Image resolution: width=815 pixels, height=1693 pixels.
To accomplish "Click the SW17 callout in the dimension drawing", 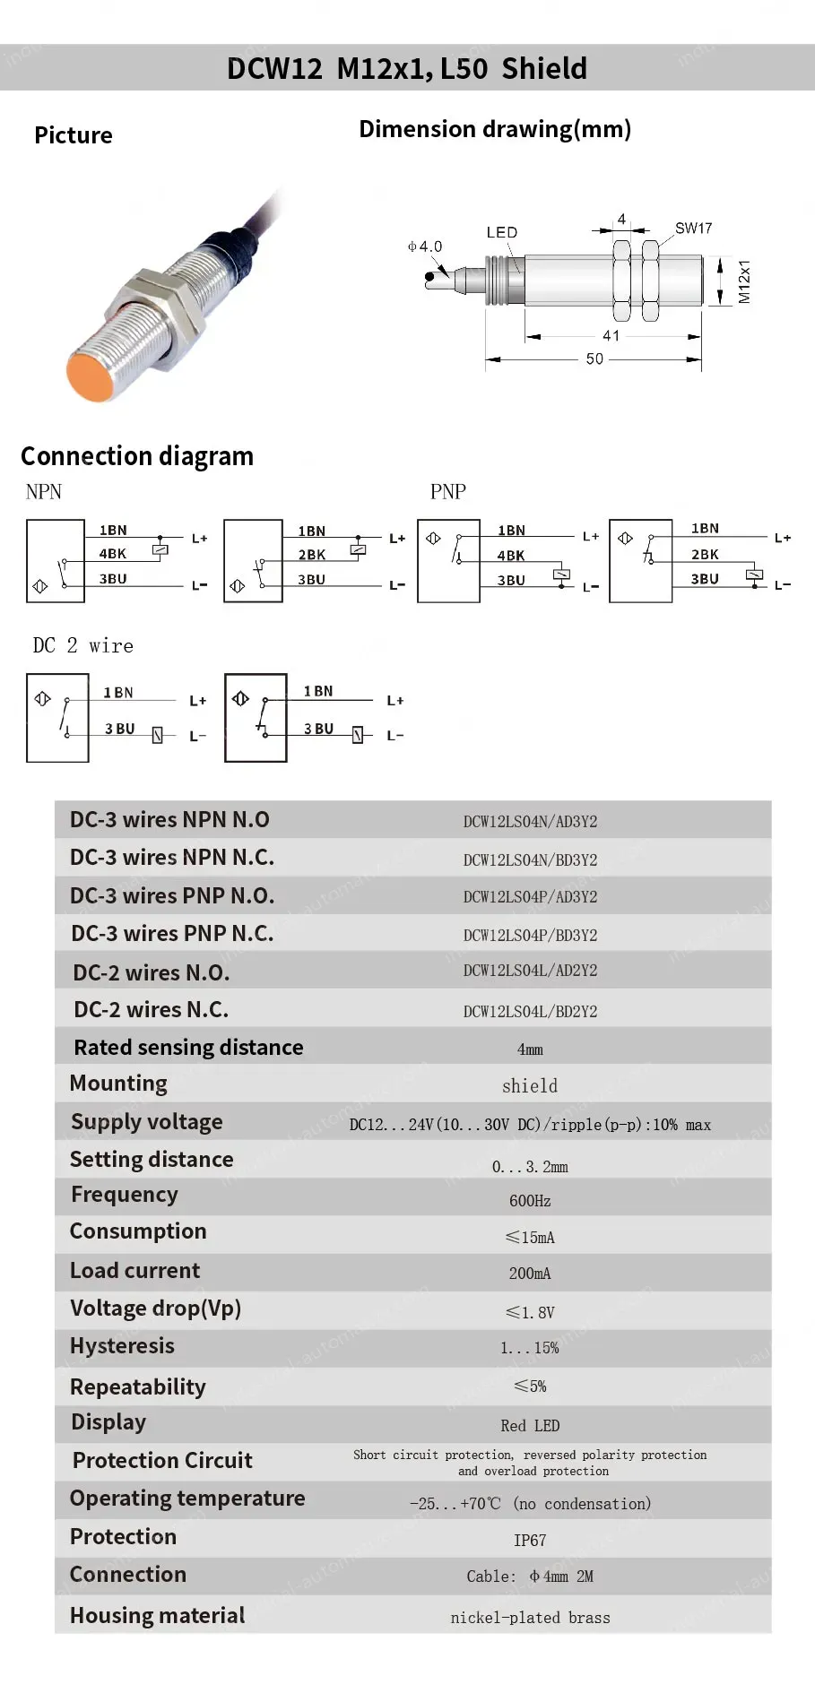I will point(693,229).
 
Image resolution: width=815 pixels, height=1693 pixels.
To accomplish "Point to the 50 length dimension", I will point(594,358).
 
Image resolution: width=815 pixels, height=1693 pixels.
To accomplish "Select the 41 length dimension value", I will point(611,335).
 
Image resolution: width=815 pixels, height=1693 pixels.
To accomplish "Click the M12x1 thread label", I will point(744,281).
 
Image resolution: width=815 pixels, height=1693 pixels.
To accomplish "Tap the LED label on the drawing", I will point(501,232).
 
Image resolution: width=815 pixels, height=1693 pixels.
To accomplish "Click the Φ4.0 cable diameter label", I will point(425,246).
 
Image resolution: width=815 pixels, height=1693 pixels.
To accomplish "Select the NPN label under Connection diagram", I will point(44,491).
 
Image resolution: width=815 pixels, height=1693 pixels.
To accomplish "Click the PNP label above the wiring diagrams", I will point(447,491).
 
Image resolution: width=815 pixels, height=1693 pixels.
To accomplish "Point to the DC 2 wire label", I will point(82,645).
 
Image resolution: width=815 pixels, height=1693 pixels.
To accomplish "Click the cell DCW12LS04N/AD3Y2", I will point(530,821).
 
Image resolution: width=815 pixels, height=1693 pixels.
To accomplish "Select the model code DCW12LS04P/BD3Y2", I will point(530,935).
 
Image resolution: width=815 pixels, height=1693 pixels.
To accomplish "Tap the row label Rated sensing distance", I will point(188,1047).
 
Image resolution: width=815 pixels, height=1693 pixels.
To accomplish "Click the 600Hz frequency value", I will point(530,1200).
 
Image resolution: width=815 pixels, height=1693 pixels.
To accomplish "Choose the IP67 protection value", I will point(530,1540).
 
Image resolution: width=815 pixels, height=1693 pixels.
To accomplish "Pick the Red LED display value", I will point(530,1425).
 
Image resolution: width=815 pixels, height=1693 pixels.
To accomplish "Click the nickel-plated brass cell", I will point(530,1617).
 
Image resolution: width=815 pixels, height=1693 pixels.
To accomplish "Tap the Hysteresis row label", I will point(122,1345).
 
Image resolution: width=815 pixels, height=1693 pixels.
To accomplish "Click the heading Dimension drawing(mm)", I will point(495,129).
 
